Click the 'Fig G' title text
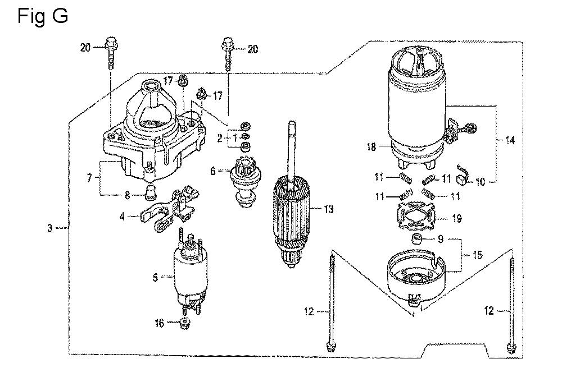point(43,17)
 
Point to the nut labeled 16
point(185,323)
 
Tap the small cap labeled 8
point(150,192)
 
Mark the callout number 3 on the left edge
point(50,228)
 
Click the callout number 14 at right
point(510,140)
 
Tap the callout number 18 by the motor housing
point(371,146)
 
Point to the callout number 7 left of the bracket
point(89,178)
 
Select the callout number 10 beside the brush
point(481,182)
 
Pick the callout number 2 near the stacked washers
point(220,138)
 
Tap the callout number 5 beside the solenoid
point(155,278)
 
